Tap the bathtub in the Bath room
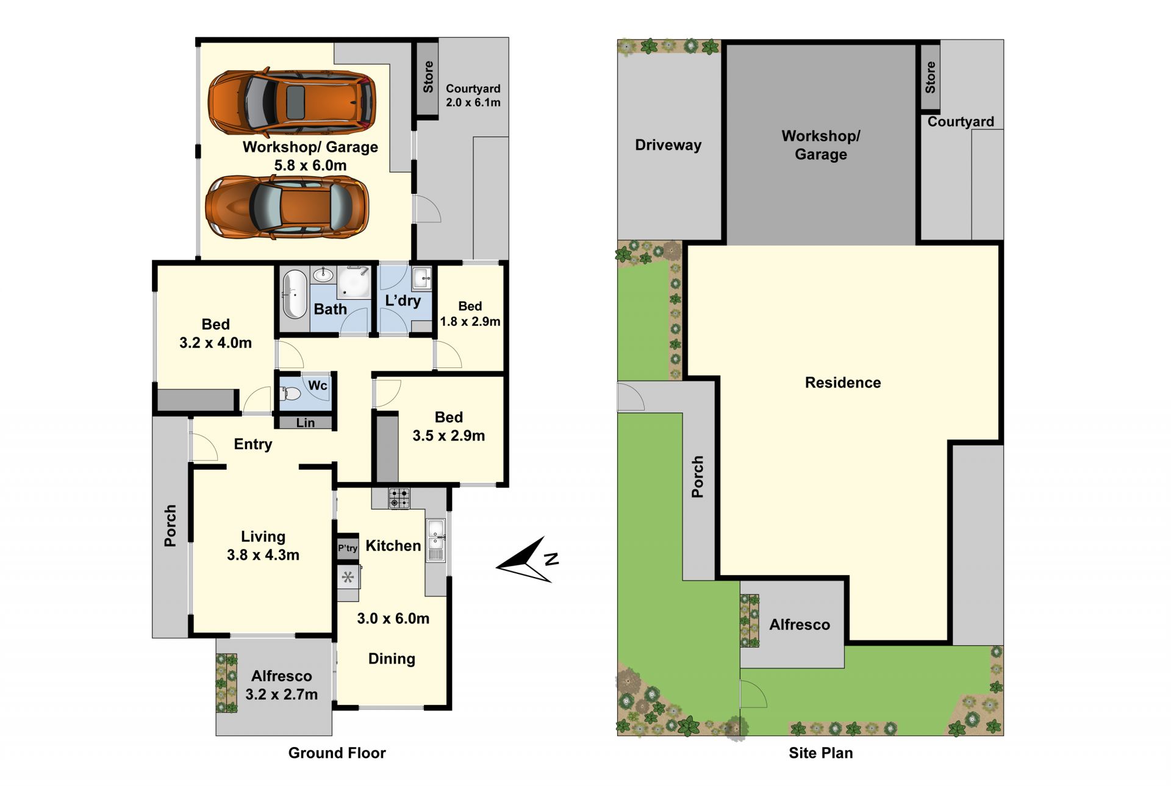point(295,295)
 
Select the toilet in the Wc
point(290,394)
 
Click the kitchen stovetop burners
point(399,498)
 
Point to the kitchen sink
point(435,540)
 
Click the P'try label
point(348,548)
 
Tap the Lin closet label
point(306,423)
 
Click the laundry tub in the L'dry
point(422,278)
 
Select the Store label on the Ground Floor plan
point(428,77)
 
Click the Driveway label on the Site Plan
point(668,145)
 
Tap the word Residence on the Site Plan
point(843,383)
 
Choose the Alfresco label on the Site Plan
point(800,625)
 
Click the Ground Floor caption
point(337,753)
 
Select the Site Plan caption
point(821,753)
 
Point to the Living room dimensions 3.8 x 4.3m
point(263,555)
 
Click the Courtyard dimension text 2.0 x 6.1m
point(473,102)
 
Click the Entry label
point(253,444)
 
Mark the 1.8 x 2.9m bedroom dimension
point(470,321)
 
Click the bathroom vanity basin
point(323,275)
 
